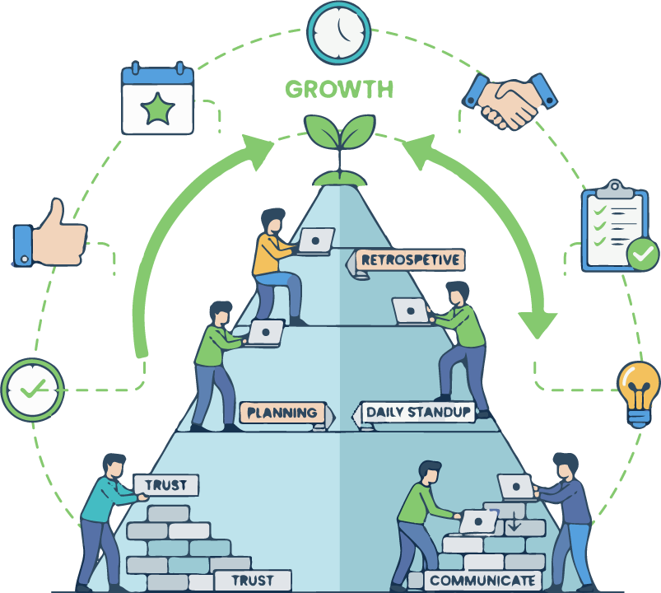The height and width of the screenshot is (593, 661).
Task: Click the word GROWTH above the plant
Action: coord(338,89)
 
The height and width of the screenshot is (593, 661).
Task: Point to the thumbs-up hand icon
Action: coord(49,235)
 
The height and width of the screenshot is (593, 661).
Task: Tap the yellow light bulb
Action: coord(638,392)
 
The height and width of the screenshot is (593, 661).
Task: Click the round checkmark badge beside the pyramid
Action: coord(32,390)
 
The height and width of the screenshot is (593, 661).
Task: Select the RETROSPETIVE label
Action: coord(409,260)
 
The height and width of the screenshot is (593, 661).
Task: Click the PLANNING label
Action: coord(282,413)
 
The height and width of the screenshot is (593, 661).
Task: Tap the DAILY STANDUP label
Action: coord(417,412)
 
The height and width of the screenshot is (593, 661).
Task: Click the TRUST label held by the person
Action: coord(166,485)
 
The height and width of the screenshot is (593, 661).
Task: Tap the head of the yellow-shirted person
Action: coord(272,222)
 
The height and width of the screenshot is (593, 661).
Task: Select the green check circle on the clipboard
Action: coord(642,254)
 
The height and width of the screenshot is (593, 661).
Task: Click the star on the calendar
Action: coord(157,108)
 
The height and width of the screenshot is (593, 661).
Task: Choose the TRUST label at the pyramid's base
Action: coord(251,581)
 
